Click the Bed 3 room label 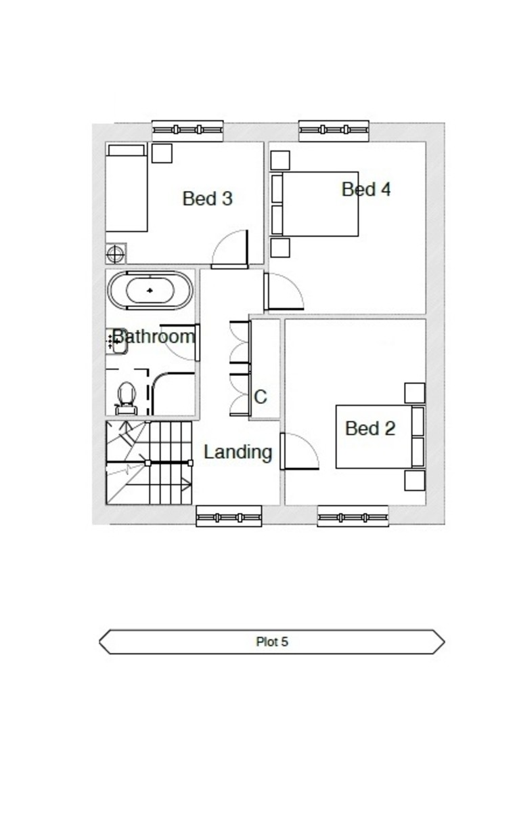coord(207,199)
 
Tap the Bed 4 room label coord(366,189)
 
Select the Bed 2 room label coord(370,428)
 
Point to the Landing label coord(238,453)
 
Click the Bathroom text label coord(154,337)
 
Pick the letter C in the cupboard coord(261,397)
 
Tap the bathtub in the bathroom coord(150,291)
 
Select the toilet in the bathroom coord(126,398)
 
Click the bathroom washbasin coord(116,341)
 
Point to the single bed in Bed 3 coord(127,188)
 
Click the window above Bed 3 coord(187,130)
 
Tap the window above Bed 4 coord(334,130)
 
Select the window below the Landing coord(229,517)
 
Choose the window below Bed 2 coord(353,517)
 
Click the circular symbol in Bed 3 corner coord(116,253)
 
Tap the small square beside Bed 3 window coord(162,153)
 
